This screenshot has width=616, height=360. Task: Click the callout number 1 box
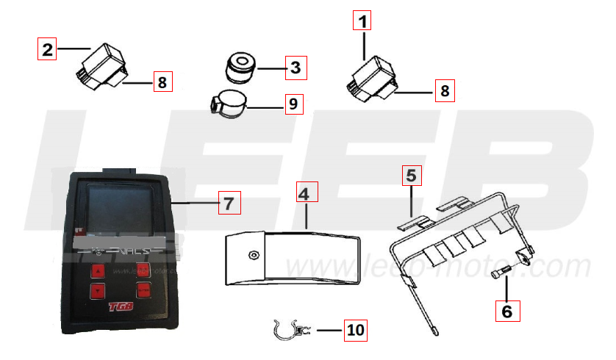(x=362, y=21)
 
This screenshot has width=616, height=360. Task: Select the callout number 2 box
(x=47, y=50)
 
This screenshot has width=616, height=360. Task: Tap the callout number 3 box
(x=295, y=69)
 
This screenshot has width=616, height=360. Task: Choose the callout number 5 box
(x=411, y=176)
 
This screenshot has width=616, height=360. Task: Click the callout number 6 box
(x=506, y=311)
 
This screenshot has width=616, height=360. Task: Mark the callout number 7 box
(x=229, y=203)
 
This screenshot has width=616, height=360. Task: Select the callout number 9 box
(x=293, y=104)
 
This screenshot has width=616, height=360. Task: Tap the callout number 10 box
(x=355, y=331)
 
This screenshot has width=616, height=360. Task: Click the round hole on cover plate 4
(x=254, y=255)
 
